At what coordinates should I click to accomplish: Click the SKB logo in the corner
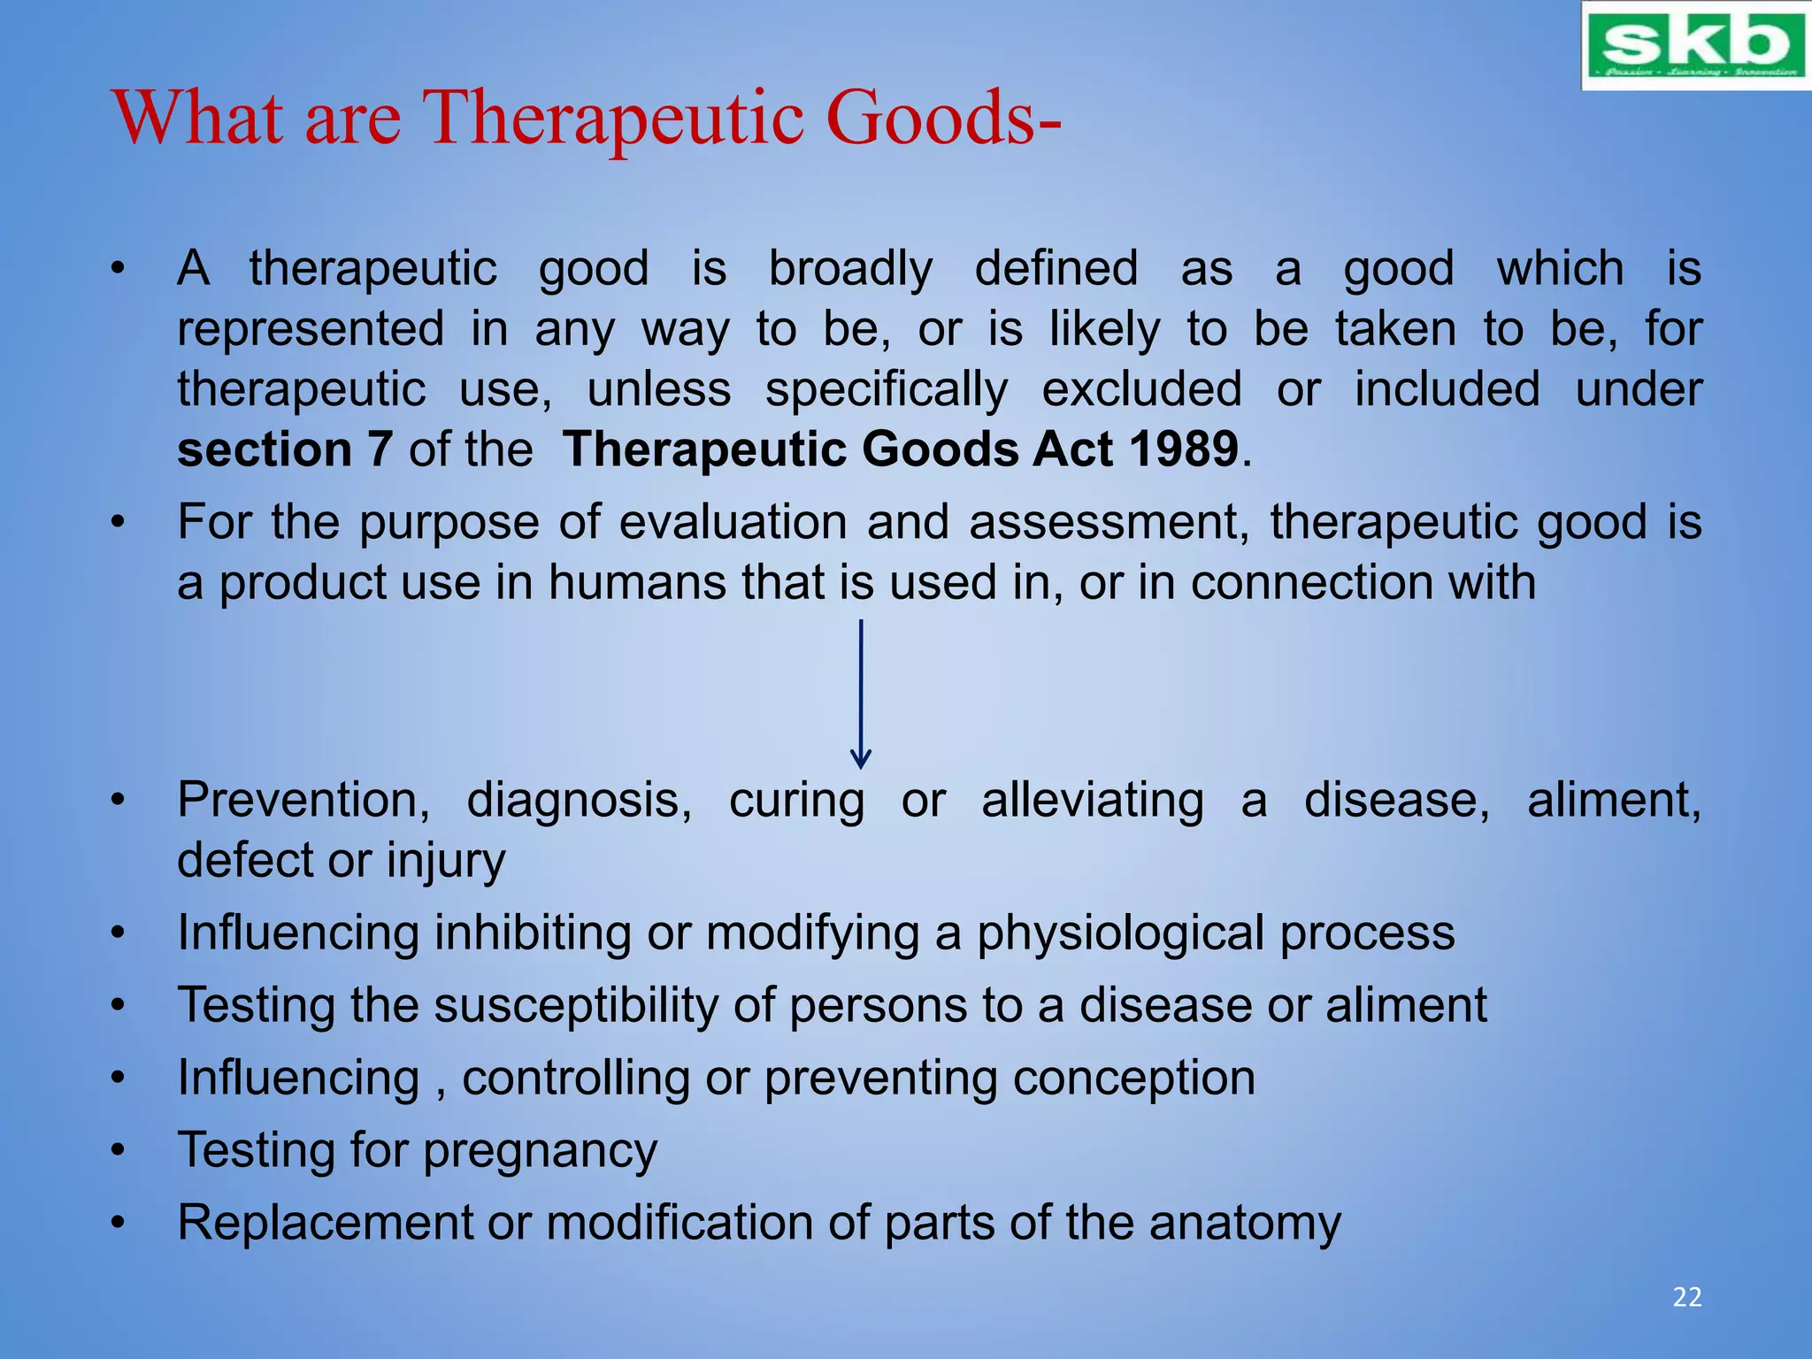click(x=1695, y=46)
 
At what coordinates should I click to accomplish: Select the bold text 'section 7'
click(x=284, y=449)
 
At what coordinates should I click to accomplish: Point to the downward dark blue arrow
click(x=860, y=694)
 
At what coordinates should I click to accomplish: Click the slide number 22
click(x=1686, y=1297)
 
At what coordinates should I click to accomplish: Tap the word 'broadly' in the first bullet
click(x=849, y=269)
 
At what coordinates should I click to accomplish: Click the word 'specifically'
click(x=886, y=390)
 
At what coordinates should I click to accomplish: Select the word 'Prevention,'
click(x=303, y=801)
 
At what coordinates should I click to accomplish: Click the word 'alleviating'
click(x=1092, y=801)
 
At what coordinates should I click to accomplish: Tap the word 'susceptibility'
click(x=576, y=1007)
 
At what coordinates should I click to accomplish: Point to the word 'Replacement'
click(x=325, y=1224)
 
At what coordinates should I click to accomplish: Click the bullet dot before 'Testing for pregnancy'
click(x=118, y=1151)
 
